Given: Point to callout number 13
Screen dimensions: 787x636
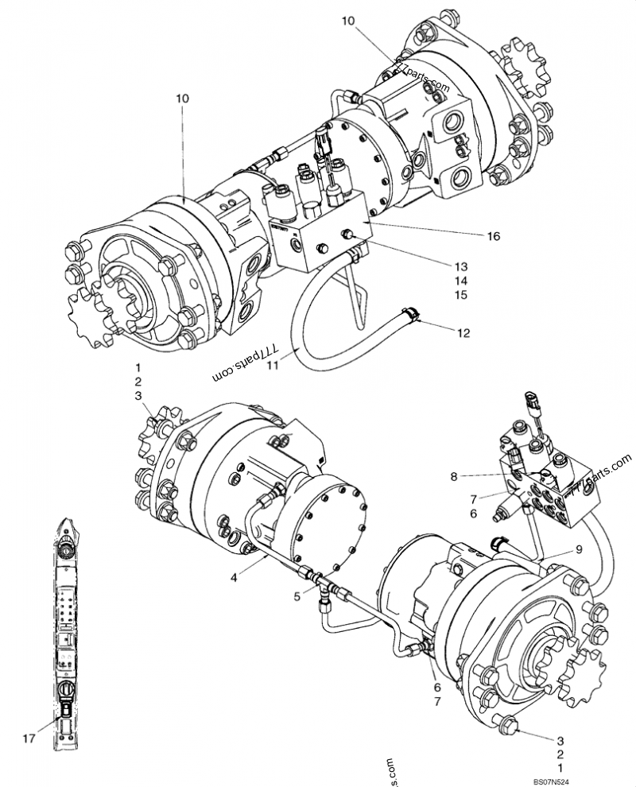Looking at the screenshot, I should [x=461, y=266].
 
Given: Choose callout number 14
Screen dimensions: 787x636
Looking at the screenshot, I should [x=461, y=281].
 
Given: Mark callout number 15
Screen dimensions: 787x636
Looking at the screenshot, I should [x=461, y=296].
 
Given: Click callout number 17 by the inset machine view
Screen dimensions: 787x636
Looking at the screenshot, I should [x=29, y=739].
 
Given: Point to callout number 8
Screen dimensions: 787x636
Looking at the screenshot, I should [x=453, y=477].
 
